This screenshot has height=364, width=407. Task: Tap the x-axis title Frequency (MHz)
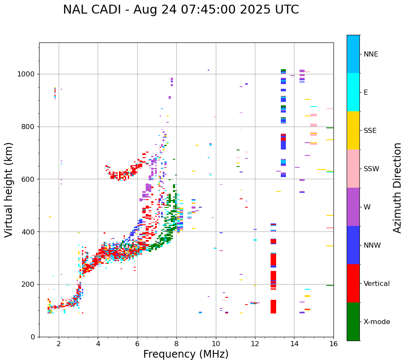pyautogui.click(x=186, y=354)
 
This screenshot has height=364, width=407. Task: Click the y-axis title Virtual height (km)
pyautogui.click(x=9, y=190)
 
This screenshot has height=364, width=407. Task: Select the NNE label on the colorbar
pyautogui.click(x=370, y=54)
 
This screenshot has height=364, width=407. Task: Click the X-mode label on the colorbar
pyautogui.click(x=376, y=322)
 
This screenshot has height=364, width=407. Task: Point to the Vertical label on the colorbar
pyautogui.click(x=376, y=284)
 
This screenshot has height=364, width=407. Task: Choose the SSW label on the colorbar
pyautogui.click(x=371, y=169)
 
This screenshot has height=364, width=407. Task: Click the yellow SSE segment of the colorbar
pyautogui.click(x=353, y=130)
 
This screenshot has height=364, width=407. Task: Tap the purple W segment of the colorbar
pyautogui.click(x=353, y=207)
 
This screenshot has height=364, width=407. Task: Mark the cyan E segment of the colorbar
pyautogui.click(x=353, y=92)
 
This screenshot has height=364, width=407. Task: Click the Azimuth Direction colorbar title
pyautogui.click(x=397, y=188)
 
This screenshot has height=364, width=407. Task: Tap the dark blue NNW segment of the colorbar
pyautogui.click(x=353, y=245)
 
